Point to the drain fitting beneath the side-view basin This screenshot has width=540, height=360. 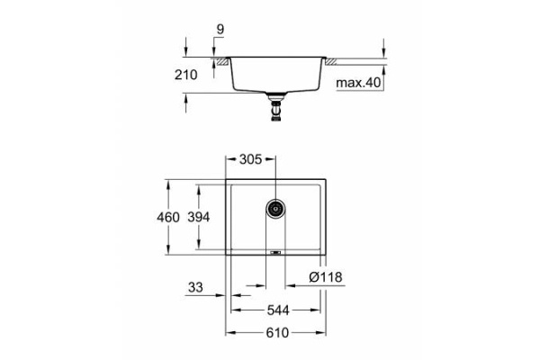[x=274, y=108]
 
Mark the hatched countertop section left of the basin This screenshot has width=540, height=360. [x=220, y=60]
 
